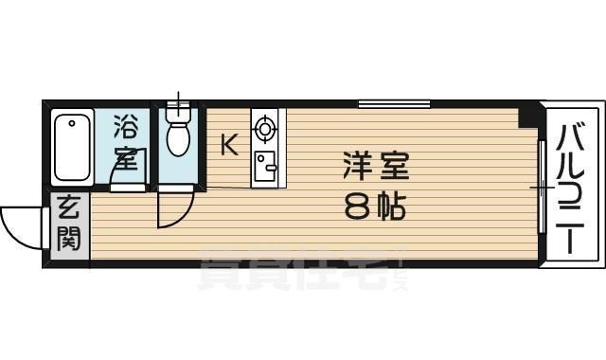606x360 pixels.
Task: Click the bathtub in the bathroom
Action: tap(72, 148)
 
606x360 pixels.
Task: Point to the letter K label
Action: tap(228, 144)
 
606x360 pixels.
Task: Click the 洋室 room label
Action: tap(376, 168)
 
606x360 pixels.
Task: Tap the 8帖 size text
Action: tap(375, 206)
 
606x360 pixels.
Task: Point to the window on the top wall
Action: tap(394, 102)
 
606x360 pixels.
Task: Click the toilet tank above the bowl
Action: tap(178, 114)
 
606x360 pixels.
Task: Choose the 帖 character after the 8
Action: tap(391, 206)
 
